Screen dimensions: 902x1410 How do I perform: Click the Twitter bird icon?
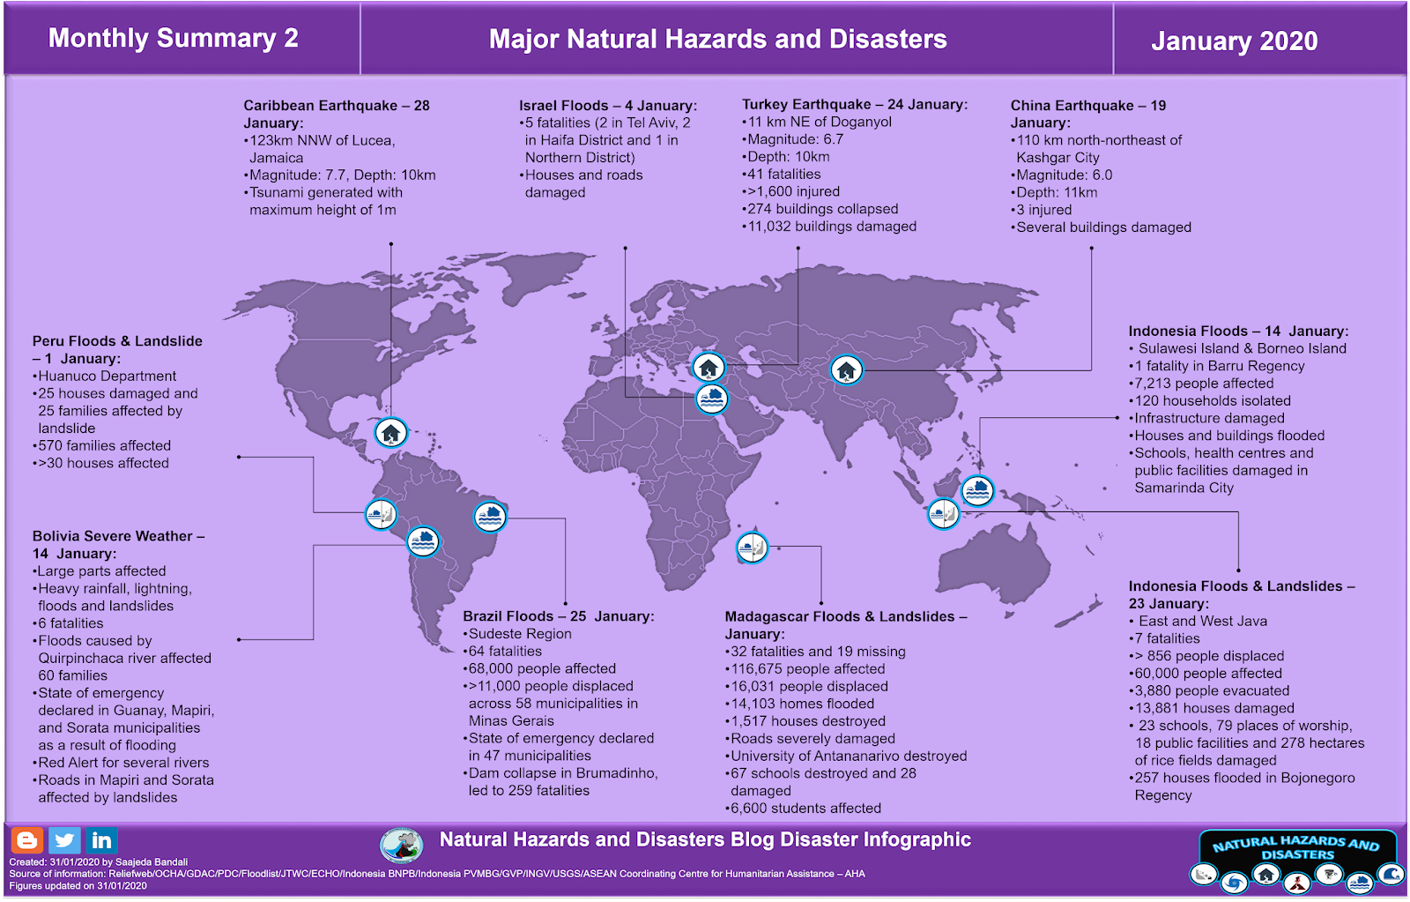pyautogui.click(x=64, y=840)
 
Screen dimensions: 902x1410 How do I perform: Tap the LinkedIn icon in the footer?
pyautogui.click(x=101, y=840)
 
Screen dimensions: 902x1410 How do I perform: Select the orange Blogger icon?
pyautogui.click(x=26, y=840)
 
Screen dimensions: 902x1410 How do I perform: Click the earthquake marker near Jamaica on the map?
pyautogui.click(x=390, y=433)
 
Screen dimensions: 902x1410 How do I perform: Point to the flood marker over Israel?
pyautogui.click(x=711, y=399)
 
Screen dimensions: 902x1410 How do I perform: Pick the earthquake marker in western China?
pyautogui.click(x=846, y=369)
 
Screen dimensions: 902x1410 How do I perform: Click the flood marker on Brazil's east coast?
pyautogui.click(x=490, y=516)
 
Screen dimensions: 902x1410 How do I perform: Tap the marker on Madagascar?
pyautogui.click(x=752, y=548)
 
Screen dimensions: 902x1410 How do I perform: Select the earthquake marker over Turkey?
pyautogui.click(x=709, y=367)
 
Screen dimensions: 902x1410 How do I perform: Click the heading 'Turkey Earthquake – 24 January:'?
pyautogui.click(x=854, y=104)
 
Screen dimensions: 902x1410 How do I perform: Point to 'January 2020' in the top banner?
pyautogui.click(x=1234, y=41)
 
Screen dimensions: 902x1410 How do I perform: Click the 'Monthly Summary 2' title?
pyautogui.click(x=173, y=38)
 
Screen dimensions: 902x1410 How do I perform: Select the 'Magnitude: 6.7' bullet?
pyautogui.click(x=795, y=139)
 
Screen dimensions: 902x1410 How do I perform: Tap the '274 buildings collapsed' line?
pyautogui.click(x=822, y=209)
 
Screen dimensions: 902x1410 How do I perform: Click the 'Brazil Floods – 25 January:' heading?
pyautogui.click(x=559, y=616)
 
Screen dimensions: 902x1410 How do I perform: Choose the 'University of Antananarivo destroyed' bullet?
pyautogui.click(x=848, y=756)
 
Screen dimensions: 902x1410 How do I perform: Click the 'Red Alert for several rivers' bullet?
pyautogui.click(x=123, y=763)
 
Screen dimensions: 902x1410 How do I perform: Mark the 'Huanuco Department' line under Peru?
pyautogui.click(x=107, y=376)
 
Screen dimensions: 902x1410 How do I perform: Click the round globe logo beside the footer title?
pyautogui.click(x=401, y=845)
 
